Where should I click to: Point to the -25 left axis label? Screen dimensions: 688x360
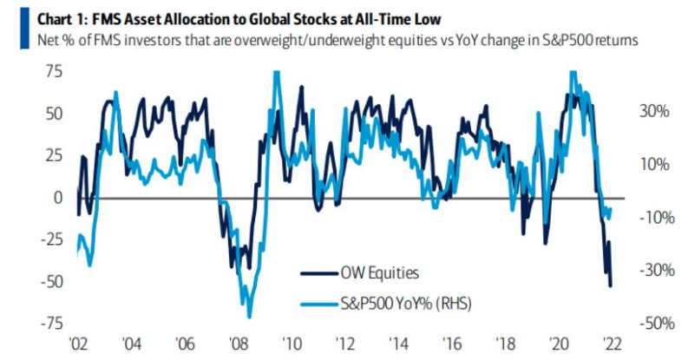(x=51, y=239)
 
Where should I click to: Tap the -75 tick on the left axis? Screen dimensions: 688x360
(x=51, y=324)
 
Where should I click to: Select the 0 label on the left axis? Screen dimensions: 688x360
(x=58, y=198)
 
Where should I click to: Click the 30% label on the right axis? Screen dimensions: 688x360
(x=655, y=111)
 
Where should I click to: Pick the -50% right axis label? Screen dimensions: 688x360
(x=657, y=324)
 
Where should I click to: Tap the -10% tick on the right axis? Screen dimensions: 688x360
(x=657, y=218)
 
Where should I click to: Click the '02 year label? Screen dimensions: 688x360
(x=79, y=344)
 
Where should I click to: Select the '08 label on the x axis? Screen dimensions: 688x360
(x=239, y=344)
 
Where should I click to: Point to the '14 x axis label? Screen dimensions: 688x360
(x=399, y=344)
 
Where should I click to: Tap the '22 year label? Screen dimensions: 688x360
(x=613, y=344)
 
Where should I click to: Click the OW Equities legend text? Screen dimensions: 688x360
(x=380, y=273)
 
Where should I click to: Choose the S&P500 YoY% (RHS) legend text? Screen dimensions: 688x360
(x=406, y=304)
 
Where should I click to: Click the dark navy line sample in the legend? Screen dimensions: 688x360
(x=319, y=274)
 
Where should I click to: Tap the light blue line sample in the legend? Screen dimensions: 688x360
(x=319, y=304)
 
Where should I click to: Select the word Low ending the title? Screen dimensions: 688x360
(x=429, y=19)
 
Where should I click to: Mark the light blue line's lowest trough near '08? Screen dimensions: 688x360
(x=250, y=317)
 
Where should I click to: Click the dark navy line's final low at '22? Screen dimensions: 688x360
(x=610, y=286)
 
